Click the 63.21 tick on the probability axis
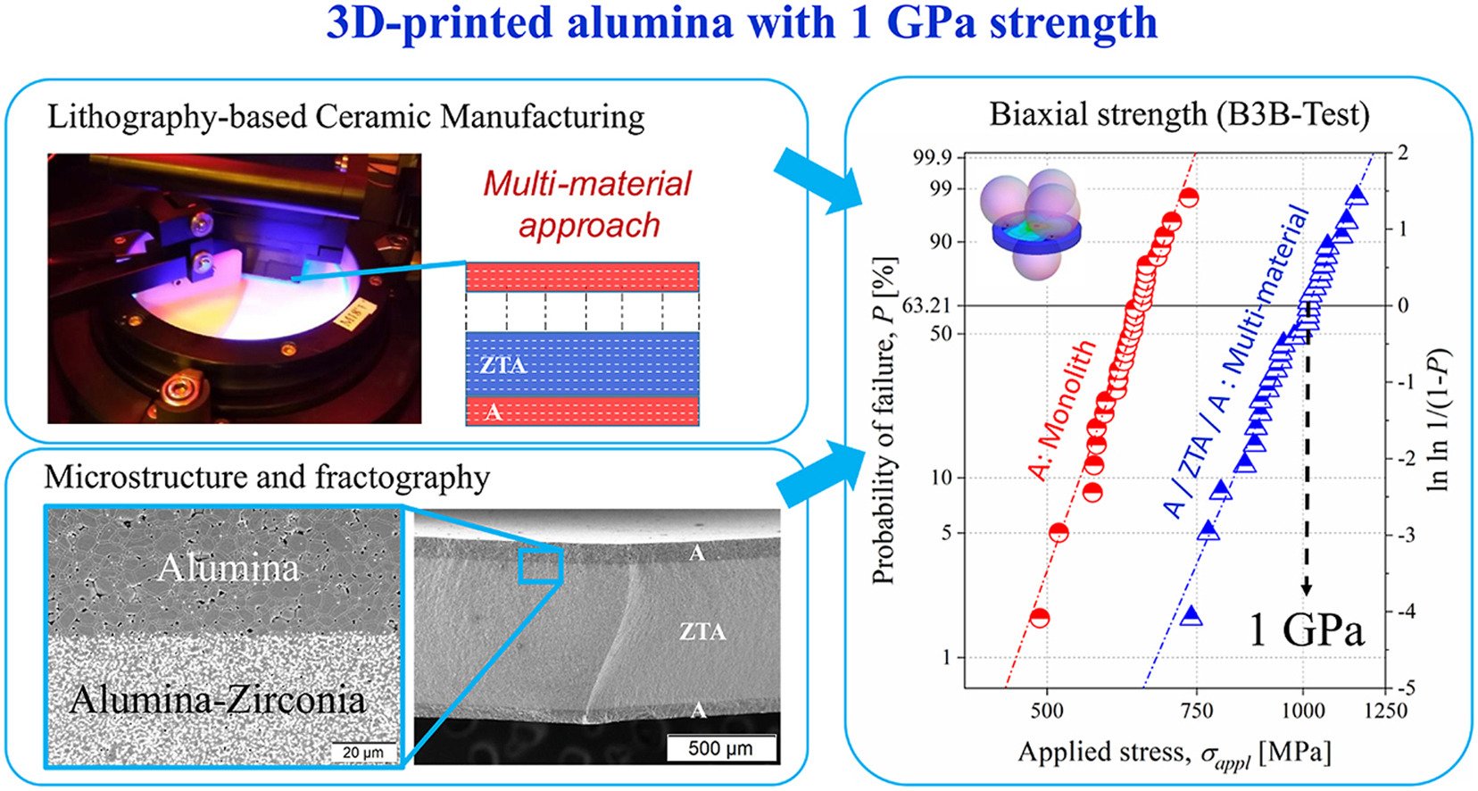click(928, 306)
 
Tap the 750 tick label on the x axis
click(1197, 712)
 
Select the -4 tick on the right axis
click(1407, 612)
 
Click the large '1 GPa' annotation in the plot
click(1306, 630)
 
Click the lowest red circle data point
click(1039, 617)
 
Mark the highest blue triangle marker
click(1357, 196)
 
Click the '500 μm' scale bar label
click(720, 748)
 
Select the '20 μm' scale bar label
click(363, 753)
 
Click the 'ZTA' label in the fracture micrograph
click(702, 632)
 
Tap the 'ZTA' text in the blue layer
click(502, 365)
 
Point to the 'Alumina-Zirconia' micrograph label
click(219, 699)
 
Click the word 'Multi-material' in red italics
click(587, 184)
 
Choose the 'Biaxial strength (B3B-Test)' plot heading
click(1179, 114)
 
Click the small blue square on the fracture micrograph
click(540, 567)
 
